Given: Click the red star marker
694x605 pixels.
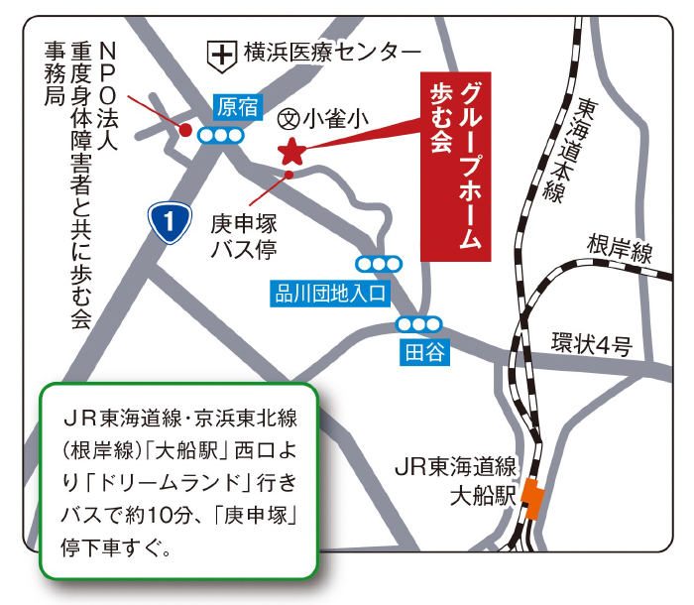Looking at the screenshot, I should (x=291, y=152).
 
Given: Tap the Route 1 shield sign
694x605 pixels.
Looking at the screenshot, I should (x=170, y=222).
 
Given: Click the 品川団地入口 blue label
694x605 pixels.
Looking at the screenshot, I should (x=331, y=292).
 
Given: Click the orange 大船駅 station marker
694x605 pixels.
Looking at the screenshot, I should (x=533, y=498).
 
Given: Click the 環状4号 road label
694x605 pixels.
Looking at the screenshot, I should (x=592, y=346).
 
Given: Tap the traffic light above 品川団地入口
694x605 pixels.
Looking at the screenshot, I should (x=380, y=264).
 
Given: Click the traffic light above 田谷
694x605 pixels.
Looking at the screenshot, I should (x=419, y=324).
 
